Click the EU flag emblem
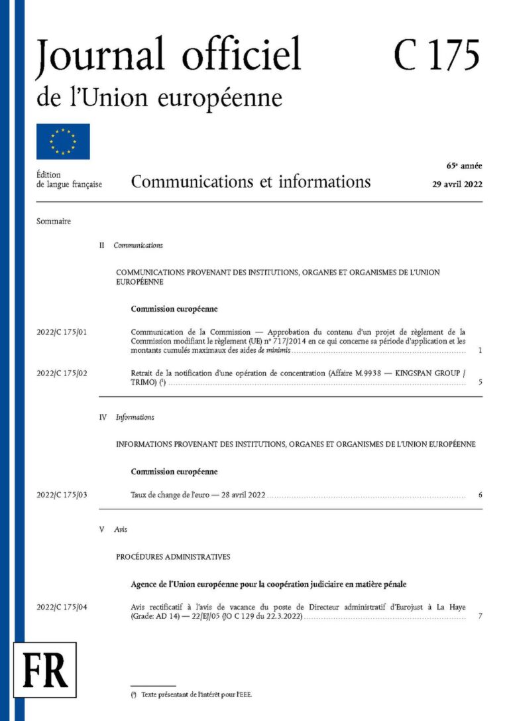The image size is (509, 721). coord(63,141)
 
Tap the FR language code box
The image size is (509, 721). coord(45,669)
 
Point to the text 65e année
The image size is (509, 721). coord(464,165)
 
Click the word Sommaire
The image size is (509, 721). coord(54,222)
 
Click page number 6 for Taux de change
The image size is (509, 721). coord(479,495)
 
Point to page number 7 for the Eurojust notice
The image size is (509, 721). coord(479,617)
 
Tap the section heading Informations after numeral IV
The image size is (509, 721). coord(135,417)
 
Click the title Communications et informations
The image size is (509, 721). coord(251,182)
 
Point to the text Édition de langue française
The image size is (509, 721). coord(69,180)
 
